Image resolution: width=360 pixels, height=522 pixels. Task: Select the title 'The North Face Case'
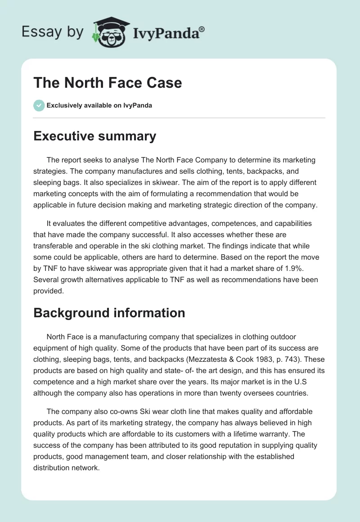[x=108, y=83]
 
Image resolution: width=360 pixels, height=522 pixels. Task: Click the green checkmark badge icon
[x=39, y=105]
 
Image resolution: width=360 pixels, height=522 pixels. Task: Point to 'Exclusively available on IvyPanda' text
[x=99, y=106]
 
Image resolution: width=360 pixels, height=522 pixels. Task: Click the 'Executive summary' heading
[x=94, y=136]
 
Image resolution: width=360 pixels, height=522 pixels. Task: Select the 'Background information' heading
[x=109, y=313]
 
